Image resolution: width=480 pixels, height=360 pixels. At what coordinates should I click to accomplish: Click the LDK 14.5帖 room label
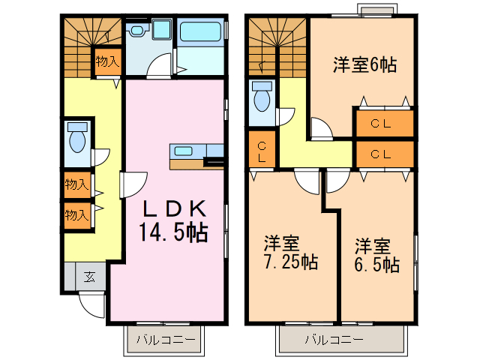click(172, 220)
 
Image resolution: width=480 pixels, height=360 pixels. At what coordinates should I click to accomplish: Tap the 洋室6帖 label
click(364, 64)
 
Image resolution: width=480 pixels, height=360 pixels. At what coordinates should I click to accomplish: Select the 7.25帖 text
click(290, 262)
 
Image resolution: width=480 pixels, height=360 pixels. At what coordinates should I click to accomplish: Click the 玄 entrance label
click(88, 277)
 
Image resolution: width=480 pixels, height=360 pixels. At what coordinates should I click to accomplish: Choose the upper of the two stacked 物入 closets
click(76, 184)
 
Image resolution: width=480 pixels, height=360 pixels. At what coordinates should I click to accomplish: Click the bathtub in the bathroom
click(201, 34)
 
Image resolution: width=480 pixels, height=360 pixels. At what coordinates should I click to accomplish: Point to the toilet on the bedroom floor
click(262, 98)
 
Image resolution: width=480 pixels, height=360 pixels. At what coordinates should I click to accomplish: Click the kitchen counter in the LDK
click(196, 151)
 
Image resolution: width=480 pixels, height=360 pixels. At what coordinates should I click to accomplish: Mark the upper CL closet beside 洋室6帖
click(382, 124)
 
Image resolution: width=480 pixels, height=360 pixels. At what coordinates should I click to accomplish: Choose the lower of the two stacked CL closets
click(382, 155)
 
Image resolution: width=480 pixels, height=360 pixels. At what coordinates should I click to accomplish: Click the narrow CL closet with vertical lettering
click(262, 152)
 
